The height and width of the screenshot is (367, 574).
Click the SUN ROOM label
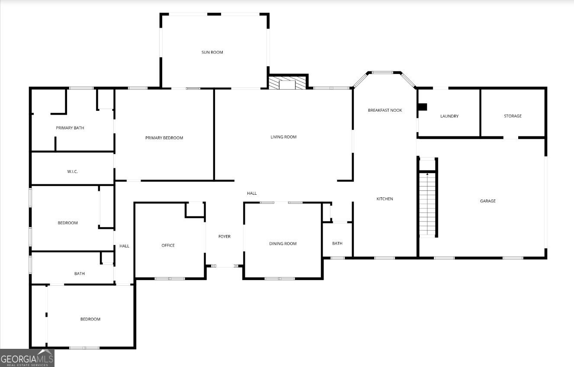coord(212,52)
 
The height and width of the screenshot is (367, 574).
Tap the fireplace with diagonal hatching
coord(287,83)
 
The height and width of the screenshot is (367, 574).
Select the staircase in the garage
coord(427,203)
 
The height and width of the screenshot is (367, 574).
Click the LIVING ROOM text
coord(283,137)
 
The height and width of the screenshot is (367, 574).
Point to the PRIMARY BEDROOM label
coord(164,138)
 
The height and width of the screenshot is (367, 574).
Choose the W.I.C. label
coord(72,172)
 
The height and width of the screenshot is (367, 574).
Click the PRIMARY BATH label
coord(70,128)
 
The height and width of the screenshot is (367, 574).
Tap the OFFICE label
coord(168,245)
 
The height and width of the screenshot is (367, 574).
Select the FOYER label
coord(224,237)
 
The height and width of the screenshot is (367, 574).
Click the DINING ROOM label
coord(283,244)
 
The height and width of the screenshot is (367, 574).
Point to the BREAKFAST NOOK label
coord(385,110)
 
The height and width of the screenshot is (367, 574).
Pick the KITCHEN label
coord(385,199)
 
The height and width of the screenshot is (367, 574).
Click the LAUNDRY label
coord(449,116)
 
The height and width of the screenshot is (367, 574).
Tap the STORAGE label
coord(513,116)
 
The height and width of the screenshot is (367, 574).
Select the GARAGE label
coord(487,201)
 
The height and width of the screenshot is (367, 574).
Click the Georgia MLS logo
coord(27,358)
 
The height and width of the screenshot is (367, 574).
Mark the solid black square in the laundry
coord(422,106)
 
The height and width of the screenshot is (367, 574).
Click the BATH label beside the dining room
coord(337,244)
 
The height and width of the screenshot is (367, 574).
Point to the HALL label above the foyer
coord(252,193)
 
